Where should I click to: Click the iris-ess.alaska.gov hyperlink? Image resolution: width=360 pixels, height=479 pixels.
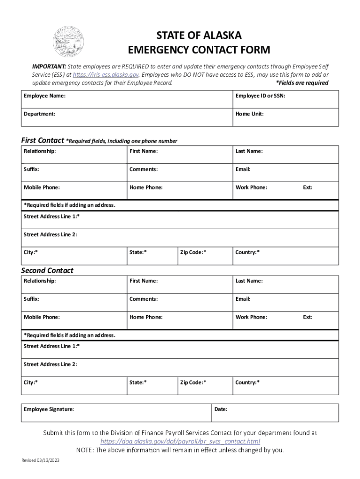pos(106,75)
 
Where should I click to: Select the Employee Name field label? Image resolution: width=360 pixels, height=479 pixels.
pos(45,96)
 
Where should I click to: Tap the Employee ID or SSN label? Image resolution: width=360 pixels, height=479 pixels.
pos(260,96)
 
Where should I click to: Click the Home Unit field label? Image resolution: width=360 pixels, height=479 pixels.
pos(250,114)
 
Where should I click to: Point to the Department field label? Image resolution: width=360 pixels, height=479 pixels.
pos(40,114)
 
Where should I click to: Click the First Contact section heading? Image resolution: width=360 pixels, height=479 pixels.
pos(43,140)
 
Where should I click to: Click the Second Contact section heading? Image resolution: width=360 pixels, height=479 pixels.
pos(47,270)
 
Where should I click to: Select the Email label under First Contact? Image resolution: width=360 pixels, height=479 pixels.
pos(243,169)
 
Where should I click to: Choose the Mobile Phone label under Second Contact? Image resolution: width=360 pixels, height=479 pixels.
pos(42,317)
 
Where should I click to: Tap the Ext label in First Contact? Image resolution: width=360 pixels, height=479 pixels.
pos(308,188)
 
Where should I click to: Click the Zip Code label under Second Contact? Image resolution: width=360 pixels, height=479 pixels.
pos(193,383)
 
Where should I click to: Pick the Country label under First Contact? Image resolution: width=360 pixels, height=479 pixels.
pos(247,253)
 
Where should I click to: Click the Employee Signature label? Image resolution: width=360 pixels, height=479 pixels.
pos(49,409)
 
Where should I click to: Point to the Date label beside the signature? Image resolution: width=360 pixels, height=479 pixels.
pos(221,409)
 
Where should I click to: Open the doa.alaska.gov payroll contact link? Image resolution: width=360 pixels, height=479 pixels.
pos(180,442)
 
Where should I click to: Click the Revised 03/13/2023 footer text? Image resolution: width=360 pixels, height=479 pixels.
pos(41,461)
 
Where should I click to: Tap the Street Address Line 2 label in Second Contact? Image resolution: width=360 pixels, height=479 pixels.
pos(50,364)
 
